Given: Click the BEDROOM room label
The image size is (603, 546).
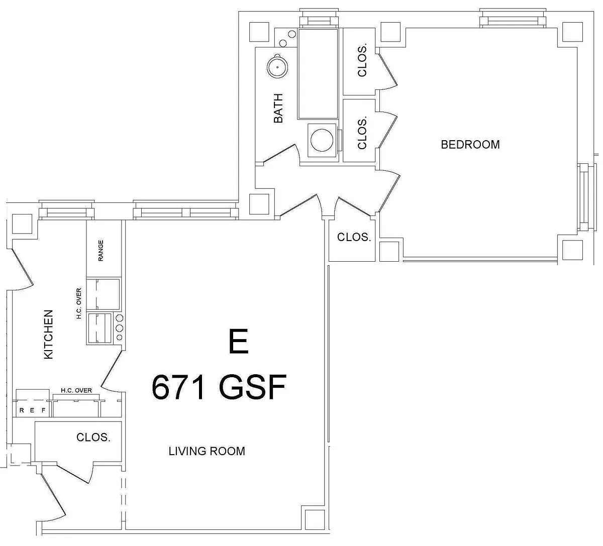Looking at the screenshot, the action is tap(470, 145).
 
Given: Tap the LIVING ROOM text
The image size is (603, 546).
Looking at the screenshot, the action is tap(207, 451).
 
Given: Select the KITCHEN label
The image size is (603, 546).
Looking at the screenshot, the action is tap(48, 335).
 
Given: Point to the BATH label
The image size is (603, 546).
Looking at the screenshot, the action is tap(278, 108).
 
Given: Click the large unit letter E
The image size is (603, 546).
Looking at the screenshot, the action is tap(238, 341).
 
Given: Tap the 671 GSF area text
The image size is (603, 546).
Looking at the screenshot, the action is tap(219, 387).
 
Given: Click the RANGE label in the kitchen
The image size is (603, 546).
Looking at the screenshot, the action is tap(100, 250).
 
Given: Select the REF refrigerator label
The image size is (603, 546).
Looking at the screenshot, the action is tap(32, 410).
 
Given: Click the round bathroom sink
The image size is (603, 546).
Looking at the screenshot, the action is tap(277, 67).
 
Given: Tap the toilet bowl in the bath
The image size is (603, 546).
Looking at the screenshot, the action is tap(322, 140).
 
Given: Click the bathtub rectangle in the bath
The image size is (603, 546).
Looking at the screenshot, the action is tap(318, 74).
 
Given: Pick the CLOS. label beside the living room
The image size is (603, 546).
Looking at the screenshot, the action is tap(93, 437).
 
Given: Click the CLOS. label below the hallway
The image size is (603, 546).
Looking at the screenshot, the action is tap(354, 237).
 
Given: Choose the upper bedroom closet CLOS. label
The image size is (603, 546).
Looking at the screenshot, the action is tap(362, 61).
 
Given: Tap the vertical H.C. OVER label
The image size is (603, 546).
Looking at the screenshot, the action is tap(79, 303).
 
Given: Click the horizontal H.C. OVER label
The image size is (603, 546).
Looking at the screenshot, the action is tap(76, 390).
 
